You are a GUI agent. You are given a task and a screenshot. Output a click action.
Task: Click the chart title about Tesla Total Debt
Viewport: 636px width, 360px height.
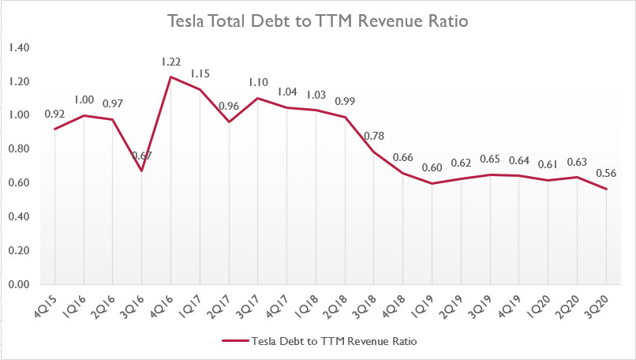click(318, 21)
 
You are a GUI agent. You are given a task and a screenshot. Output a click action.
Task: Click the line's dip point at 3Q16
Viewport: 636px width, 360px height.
click(141, 171)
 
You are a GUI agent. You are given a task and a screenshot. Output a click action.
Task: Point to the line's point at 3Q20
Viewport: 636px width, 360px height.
click(605, 189)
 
